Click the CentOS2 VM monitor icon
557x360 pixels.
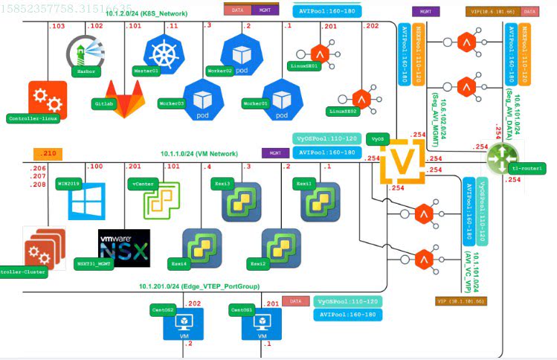pyautogui.click(x=182, y=323)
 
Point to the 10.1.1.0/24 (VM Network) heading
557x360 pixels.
pyautogui.click(x=199, y=154)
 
